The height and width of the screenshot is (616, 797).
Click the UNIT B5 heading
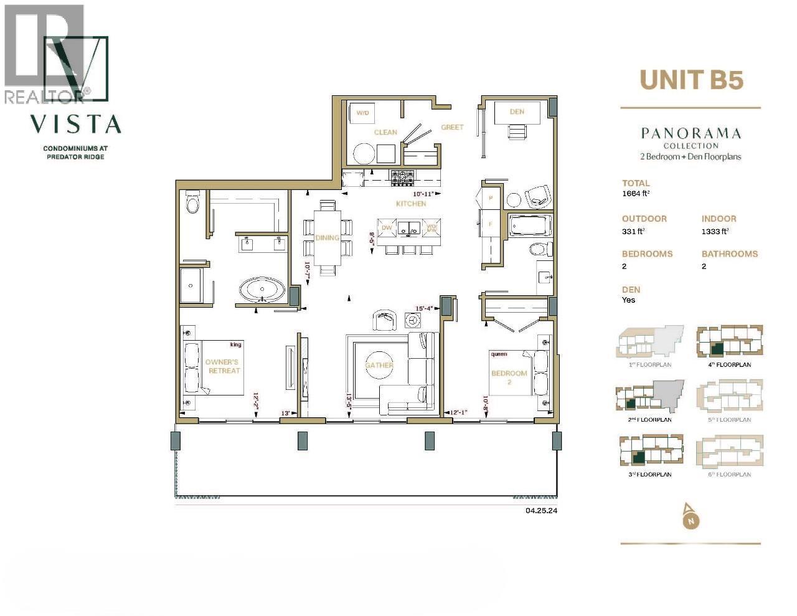tap(691, 80)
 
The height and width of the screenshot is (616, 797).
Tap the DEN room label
tap(517, 112)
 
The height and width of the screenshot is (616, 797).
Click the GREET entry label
tap(452, 127)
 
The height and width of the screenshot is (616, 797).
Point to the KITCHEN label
tap(411, 204)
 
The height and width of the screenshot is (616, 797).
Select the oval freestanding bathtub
tap(262, 290)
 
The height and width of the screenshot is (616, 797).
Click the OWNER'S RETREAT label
tap(222, 366)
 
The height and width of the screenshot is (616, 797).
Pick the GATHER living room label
tap(379, 365)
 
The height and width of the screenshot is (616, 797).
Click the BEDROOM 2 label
tap(509, 377)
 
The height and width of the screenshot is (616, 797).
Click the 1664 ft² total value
tap(636, 194)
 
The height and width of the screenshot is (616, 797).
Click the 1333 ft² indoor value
tap(715, 231)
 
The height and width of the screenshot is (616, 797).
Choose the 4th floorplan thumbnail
tap(729, 343)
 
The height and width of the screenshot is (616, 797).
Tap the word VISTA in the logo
tap(75, 124)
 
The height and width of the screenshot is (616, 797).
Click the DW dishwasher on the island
tap(387, 228)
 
